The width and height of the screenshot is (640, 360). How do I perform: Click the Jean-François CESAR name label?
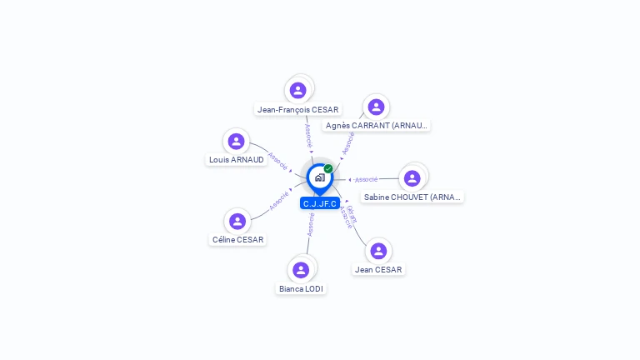click(298, 109)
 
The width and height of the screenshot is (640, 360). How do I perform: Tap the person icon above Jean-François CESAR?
click(298, 90)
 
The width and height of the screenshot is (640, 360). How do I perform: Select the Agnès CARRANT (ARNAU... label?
click(377, 126)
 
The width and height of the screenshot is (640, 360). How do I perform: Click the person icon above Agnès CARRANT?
click(376, 107)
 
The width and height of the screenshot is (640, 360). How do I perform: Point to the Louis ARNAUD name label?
click(237, 160)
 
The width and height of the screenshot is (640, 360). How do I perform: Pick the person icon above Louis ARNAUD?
click(237, 141)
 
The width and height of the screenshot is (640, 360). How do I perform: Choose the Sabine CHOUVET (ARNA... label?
click(412, 197)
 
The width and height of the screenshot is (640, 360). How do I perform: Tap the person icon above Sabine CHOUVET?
click(412, 178)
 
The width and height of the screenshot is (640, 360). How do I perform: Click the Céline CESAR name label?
click(237, 240)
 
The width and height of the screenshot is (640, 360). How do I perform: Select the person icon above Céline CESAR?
click(237, 221)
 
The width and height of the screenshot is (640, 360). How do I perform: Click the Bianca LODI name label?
click(301, 289)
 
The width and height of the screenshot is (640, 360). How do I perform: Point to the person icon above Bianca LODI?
click(301, 270)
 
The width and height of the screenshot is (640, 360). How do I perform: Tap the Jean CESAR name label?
click(378, 270)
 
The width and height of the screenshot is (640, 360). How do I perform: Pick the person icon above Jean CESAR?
click(378, 251)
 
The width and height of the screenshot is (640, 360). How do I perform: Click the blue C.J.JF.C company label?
click(320, 203)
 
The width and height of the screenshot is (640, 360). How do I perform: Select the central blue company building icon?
click(319, 177)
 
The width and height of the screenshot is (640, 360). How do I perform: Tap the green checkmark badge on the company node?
click(328, 169)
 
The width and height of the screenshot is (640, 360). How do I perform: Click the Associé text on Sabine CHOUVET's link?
click(367, 179)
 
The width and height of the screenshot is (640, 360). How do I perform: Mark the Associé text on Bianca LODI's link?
click(311, 225)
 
